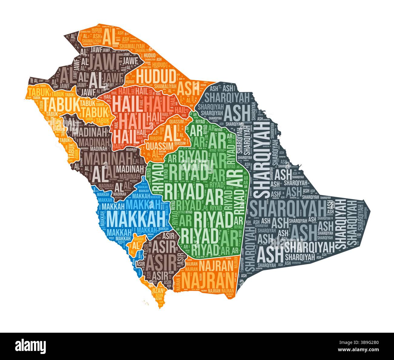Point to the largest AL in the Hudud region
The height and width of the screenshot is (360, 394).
click(x=109, y=38)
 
